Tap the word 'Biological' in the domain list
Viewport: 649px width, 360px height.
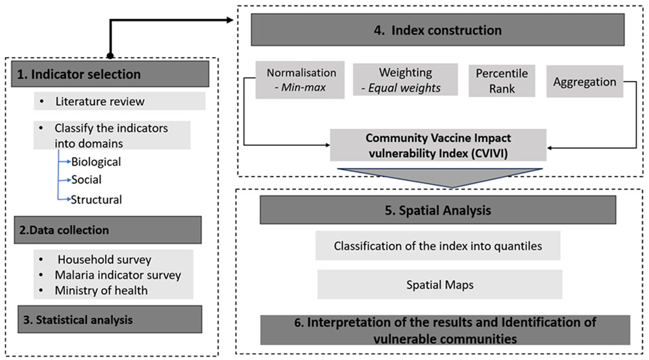tap(96, 162)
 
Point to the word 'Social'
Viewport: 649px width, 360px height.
tap(87, 180)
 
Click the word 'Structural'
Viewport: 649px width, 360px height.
tap(97, 198)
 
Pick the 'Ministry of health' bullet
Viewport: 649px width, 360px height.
tap(101, 290)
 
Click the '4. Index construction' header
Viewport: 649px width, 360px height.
tap(437, 30)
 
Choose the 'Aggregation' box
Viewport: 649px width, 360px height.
tap(585, 82)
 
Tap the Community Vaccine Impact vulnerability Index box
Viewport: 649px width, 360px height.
tap(438, 145)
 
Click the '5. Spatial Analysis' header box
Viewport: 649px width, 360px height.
tap(437, 210)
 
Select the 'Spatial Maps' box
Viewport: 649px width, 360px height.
tap(439, 284)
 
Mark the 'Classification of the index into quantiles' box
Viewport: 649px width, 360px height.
tap(437, 246)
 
